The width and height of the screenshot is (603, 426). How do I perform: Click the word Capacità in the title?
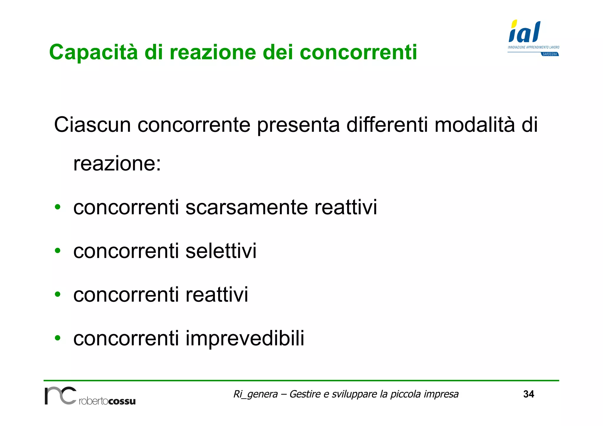point(93,52)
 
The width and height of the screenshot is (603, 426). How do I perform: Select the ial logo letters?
point(525,32)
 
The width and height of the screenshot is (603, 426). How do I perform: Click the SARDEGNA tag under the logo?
point(550,54)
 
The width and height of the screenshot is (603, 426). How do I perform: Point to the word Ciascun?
point(92,125)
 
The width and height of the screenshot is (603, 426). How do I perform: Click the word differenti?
point(387,125)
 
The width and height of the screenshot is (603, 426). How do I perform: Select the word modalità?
point(475,125)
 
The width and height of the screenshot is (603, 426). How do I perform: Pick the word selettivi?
point(221,251)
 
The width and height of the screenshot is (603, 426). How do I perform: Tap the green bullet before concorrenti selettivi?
point(58,251)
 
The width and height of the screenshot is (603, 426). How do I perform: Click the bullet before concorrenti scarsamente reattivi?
point(58,207)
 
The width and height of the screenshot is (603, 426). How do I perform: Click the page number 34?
point(529,394)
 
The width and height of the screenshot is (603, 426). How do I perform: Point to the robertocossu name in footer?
point(107,401)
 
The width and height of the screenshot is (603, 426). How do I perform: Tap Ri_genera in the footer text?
point(255,394)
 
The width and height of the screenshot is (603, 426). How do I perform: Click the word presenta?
point(298,125)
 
